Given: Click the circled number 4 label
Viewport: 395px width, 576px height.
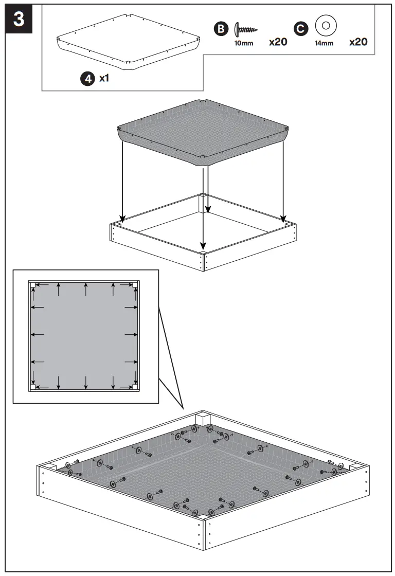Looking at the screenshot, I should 87,79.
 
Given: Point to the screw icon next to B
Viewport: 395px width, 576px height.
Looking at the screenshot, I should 246,29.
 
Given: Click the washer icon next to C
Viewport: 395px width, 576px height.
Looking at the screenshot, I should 325,25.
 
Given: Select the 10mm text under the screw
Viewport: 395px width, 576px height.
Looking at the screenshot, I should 244,43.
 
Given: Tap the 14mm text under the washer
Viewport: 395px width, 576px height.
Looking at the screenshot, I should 324,43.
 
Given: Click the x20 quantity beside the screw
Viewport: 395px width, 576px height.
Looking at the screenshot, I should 278,42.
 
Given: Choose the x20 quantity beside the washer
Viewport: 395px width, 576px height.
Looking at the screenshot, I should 358,42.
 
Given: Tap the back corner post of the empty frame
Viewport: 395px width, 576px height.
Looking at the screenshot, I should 204,204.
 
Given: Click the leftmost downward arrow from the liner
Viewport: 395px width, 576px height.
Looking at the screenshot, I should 122,180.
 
